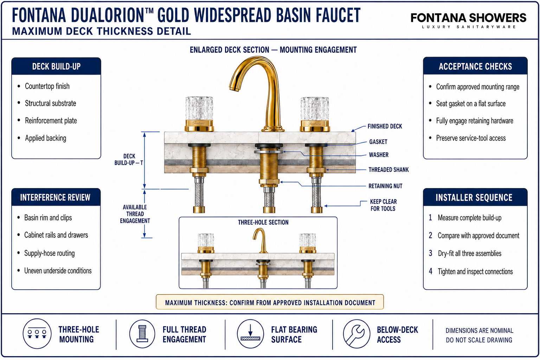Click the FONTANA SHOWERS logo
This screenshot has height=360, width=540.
pyautogui.click(x=468, y=20)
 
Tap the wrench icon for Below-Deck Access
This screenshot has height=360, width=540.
pyautogui.click(x=356, y=334)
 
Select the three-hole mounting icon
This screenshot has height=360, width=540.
pyautogui.click(x=37, y=334)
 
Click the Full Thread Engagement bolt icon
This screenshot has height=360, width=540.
pyautogui.click(x=142, y=334)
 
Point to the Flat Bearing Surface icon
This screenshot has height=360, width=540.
pyautogui.click(x=250, y=334)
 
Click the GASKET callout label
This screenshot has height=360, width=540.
pyautogui.click(x=378, y=142)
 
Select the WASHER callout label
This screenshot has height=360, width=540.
pyautogui.click(x=379, y=155)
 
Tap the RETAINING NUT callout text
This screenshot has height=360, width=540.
pyautogui.click(x=385, y=186)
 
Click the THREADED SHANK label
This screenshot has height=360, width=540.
pyautogui.click(x=388, y=170)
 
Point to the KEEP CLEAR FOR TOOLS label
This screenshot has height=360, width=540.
pyautogui.click(x=383, y=205)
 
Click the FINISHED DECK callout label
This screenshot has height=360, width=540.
pyautogui.click(x=385, y=126)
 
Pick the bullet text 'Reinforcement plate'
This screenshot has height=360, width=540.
pyautogui.click(x=51, y=121)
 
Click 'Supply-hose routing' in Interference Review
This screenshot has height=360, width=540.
pyautogui.click(x=50, y=253)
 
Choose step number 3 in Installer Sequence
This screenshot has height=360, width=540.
pyautogui.click(x=431, y=253)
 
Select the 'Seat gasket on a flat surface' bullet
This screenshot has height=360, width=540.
pyautogui.click(x=471, y=104)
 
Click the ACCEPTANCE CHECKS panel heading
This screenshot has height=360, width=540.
pyautogui.click(x=475, y=66)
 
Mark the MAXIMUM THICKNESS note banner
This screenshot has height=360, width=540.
pyautogui.click(x=270, y=302)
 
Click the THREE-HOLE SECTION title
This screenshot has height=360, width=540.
pyautogui.click(x=263, y=222)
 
